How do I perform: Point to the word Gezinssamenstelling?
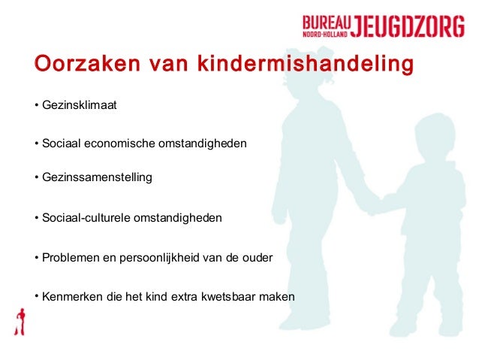tap(97, 178)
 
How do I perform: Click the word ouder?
tap(257, 258)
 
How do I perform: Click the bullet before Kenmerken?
tap(35, 295)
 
